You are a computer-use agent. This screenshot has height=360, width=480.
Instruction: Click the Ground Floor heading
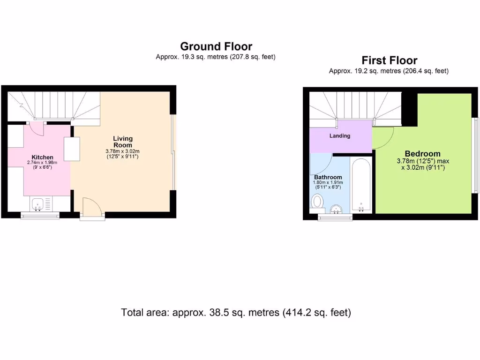pyautogui.click(x=216, y=46)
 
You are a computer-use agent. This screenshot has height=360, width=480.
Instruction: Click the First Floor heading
pyautogui.click(x=389, y=60)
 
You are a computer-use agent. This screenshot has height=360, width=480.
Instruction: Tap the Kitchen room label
pyautogui.click(x=42, y=157)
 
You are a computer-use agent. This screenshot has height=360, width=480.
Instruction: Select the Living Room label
pyautogui.click(x=123, y=142)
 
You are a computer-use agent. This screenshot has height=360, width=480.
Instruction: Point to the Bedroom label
pyautogui.click(x=422, y=154)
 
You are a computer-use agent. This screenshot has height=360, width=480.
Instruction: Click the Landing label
pyautogui.click(x=340, y=136)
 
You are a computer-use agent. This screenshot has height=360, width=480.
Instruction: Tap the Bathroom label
pyautogui.click(x=328, y=177)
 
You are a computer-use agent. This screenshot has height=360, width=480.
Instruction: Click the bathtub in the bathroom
pyautogui.click(x=361, y=185)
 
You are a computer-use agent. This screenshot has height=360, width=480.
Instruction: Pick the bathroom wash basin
pyautogui.click(x=336, y=209)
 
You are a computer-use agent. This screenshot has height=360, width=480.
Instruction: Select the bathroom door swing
pyautogui.click(x=320, y=164)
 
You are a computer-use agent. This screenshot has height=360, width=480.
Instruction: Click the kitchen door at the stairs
pyautogui.click(x=36, y=128)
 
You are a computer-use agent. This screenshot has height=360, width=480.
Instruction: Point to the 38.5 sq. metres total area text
pyautogui.click(x=236, y=312)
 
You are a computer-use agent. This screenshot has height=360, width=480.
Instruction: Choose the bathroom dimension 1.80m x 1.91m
pyautogui.click(x=328, y=182)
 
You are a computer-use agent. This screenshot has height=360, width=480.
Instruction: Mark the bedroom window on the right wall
pyautogui.click(x=475, y=155)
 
